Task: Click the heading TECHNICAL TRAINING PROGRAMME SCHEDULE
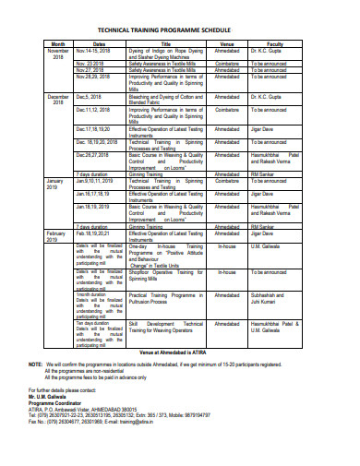(x=179, y=30)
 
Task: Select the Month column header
(x=57, y=43)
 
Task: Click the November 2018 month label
(x=57, y=53)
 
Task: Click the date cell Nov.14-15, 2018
(x=98, y=50)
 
